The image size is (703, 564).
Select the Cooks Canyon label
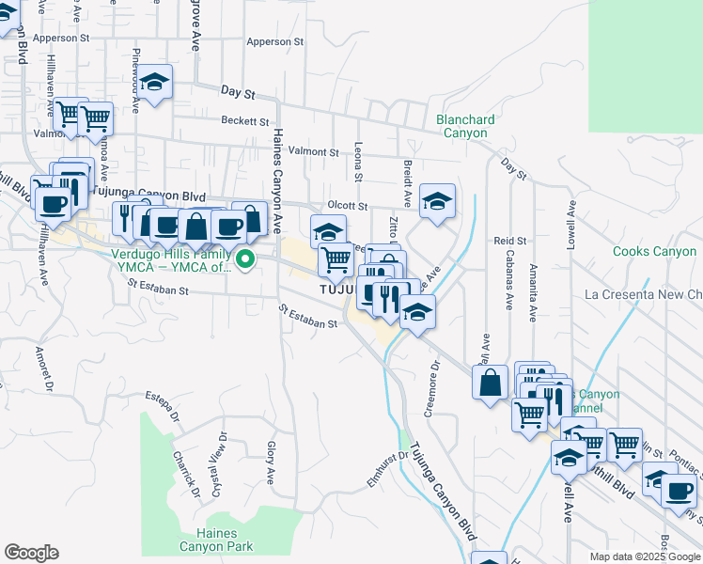(x=654, y=251)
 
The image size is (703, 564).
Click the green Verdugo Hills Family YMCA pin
(x=245, y=258)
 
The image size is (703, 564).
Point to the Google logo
(x=31, y=553)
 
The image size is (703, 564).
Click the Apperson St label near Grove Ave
(x=274, y=42)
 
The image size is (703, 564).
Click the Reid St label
(x=509, y=242)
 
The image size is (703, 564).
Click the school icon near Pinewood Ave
(x=156, y=81)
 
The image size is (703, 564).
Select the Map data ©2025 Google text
(x=644, y=556)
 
